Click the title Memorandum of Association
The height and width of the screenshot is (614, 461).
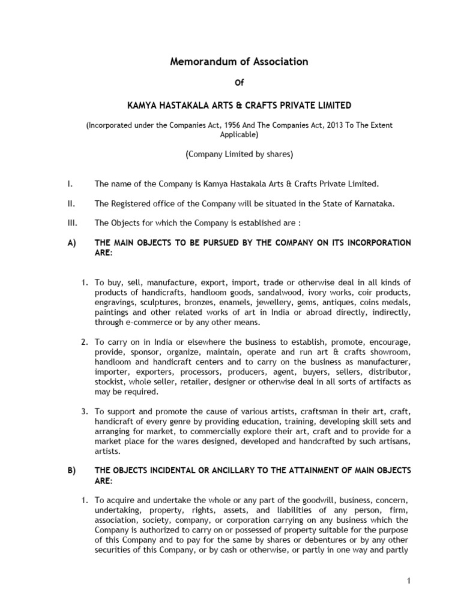coord(239,61)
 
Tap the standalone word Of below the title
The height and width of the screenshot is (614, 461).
coord(239,83)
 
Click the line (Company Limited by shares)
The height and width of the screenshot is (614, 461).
coord(239,154)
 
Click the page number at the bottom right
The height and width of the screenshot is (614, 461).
coord(408,581)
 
